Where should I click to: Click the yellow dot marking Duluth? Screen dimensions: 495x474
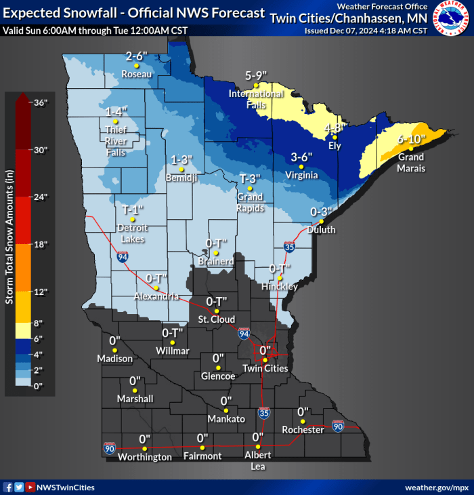click(x=322, y=222)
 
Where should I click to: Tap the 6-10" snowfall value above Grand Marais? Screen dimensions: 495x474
click(x=411, y=139)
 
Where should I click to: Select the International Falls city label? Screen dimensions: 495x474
click(x=255, y=98)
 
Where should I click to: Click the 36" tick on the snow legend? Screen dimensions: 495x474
click(x=40, y=102)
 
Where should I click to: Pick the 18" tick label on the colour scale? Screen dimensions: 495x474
click(x=40, y=245)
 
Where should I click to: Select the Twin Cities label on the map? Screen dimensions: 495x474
click(x=266, y=369)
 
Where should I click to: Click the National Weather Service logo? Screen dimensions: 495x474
click(x=452, y=18)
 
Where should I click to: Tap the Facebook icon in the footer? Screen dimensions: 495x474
click(x=7, y=488)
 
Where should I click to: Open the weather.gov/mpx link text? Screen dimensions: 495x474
click(x=436, y=488)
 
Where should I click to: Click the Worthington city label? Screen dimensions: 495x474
click(x=144, y=458)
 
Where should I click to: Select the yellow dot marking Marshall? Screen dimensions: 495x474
click(x=135, y=391)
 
